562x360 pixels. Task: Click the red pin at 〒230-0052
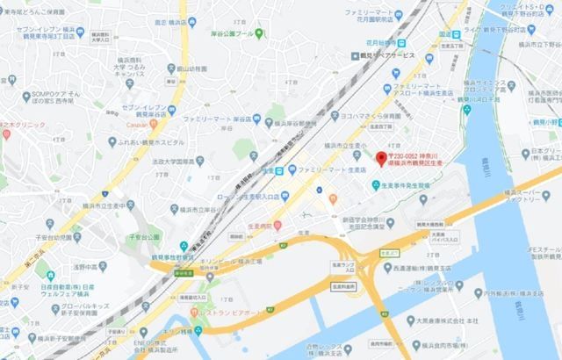(380, 159)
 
